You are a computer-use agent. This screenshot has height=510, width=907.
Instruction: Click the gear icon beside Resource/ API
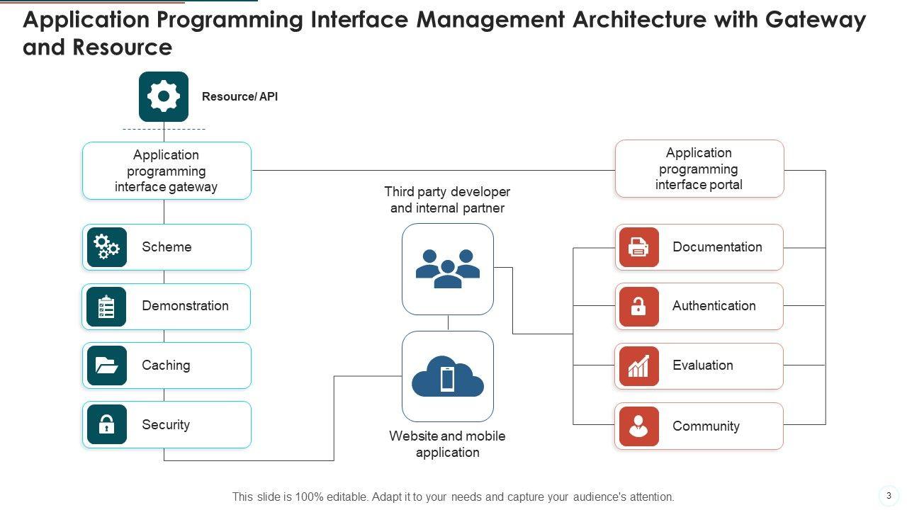(164, 96)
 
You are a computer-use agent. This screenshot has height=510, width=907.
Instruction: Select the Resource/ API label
(240, 96)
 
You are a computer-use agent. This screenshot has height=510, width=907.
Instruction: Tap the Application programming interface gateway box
(167, 171)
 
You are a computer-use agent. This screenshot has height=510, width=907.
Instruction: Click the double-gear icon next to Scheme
(106, 247)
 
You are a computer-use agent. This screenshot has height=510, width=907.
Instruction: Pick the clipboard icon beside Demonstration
(106, 307)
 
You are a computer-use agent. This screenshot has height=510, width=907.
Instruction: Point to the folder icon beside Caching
(106, 365)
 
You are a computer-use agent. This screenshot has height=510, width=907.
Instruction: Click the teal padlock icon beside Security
(106, 424)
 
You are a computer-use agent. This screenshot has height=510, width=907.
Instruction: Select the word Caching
(166, 365)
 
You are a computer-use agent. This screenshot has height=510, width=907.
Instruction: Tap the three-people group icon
(448, 268)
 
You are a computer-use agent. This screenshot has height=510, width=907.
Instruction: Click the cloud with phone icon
(448, 377)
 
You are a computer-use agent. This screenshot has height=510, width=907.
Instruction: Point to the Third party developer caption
(447, 200)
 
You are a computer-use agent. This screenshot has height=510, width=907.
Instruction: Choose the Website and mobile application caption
(447, 444)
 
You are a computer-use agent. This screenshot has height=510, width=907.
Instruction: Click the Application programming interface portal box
(699, 169)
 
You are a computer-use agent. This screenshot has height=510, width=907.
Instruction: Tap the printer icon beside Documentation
(638, 247)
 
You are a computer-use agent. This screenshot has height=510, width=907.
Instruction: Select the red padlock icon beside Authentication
(638, 307)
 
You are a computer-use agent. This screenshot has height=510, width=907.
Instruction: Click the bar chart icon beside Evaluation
(638, 366)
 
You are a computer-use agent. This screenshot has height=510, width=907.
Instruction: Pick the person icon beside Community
(638, 426)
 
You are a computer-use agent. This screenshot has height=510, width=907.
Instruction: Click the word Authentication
(714, 306)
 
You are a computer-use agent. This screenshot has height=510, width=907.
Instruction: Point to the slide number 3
(889, 495)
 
